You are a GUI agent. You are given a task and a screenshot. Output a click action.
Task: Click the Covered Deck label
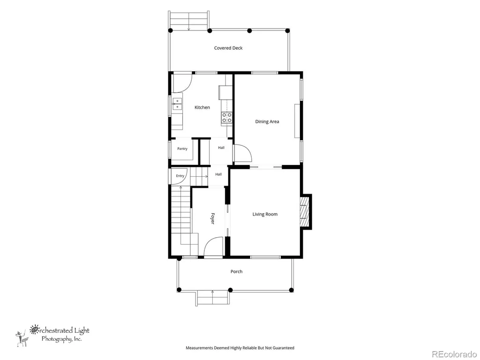[228, 48]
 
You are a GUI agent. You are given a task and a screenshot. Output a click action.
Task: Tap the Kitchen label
[202, 107]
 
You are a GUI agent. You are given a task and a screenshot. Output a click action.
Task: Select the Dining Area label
[267, 121]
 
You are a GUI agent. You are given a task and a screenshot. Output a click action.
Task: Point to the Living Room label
[265, 214]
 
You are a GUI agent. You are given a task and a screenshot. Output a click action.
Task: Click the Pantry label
[182, 149]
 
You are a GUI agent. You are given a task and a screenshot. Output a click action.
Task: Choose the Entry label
[180, 176]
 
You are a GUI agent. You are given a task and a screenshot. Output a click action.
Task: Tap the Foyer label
[212, 218]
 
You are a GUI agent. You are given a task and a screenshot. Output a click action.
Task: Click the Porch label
[236, 271]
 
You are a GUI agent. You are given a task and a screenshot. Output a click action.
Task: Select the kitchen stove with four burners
[227, 118]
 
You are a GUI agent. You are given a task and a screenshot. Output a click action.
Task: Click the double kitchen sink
[177, 104]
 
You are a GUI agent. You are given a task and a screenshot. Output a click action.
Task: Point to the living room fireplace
[305, 211]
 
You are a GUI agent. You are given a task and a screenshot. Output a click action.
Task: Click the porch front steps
[212, 298]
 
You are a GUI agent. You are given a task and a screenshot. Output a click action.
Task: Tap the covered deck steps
[189, 21]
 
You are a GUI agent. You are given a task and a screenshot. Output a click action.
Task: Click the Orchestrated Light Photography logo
[52, 336]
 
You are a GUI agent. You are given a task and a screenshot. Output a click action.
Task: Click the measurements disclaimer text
[240, 348]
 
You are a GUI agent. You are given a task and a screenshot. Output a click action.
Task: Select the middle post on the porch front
[231, 290]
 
